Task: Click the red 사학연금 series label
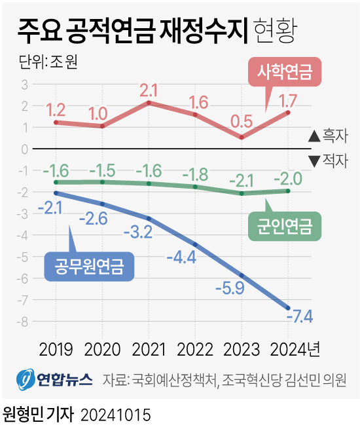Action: (x=284, y=71)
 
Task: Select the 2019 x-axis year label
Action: (x=56, y=349)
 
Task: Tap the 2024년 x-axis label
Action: (x=294, y=349)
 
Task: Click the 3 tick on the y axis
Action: (x=24, y=84)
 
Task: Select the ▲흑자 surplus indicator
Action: (x=327, y=137)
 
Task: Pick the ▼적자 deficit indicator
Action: (x=327, y=160)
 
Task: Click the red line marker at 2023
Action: (x=242, y=138)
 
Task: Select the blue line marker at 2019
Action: (x=56, y=193)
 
